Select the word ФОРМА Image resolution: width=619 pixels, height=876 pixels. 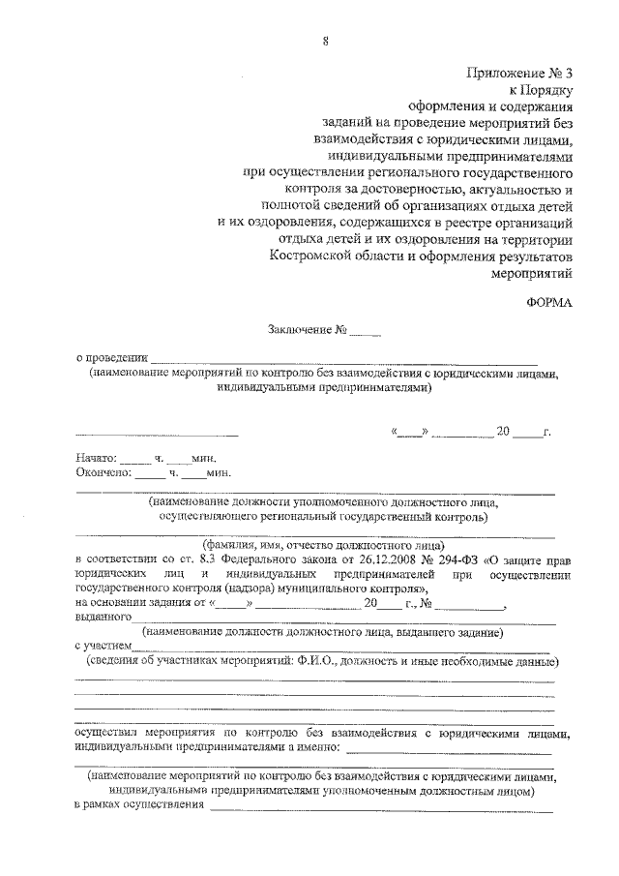point(551,302)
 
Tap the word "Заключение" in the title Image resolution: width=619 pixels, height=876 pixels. point(300,330)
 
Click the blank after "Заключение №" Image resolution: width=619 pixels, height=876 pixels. point(367,332)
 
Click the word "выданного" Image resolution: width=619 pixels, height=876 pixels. point(103,617)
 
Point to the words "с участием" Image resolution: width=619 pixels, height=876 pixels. point(103,646)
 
